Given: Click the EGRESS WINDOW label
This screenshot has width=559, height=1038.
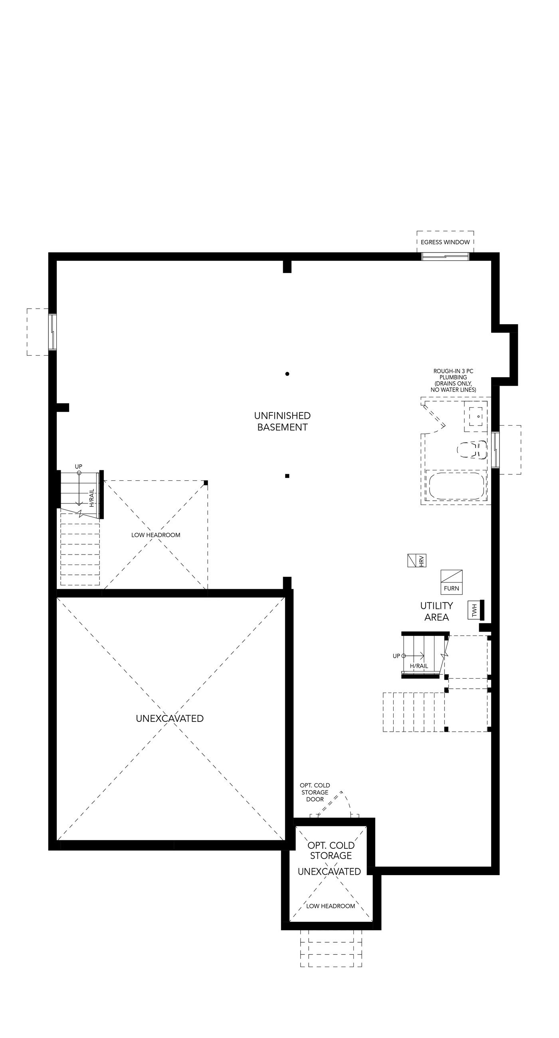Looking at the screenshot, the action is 445,242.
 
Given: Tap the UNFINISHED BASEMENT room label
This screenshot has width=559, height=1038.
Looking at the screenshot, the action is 282,421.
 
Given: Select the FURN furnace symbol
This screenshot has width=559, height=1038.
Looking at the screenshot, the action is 451,582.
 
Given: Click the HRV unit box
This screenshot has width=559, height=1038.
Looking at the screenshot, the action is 417,561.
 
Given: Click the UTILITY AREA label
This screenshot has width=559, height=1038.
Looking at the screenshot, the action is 436,611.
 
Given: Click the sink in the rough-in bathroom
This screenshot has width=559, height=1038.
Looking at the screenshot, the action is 476,416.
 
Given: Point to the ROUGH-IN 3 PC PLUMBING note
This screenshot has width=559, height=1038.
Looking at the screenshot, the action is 453,380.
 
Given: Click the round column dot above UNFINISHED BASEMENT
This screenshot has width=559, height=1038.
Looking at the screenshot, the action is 287,374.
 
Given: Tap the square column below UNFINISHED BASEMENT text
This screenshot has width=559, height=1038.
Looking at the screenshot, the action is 287,476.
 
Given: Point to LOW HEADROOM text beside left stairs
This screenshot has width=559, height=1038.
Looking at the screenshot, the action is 156,535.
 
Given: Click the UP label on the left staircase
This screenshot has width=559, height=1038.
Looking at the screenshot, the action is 79,467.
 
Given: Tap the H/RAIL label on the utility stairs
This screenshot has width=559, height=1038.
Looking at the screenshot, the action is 419,666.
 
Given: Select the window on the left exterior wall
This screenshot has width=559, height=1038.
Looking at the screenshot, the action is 52,332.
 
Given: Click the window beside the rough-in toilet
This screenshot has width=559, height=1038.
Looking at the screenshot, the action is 496,450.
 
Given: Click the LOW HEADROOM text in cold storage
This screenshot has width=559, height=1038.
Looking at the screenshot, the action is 331,906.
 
